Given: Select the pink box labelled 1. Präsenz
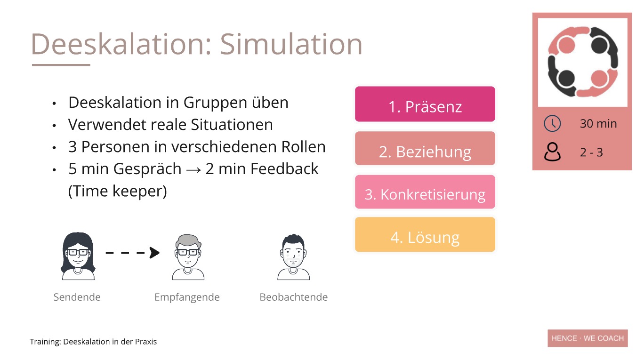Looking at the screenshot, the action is click(425, 104).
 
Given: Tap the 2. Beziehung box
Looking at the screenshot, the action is click(425, 148).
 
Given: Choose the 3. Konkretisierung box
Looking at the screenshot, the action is click(425, 192).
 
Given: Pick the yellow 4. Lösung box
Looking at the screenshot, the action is click(425, 234).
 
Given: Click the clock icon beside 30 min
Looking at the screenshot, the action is click(552, 124).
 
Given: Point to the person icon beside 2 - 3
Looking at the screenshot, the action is click(552, 152).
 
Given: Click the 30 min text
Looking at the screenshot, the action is click(598, 124).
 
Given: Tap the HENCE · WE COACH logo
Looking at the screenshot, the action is click(588, 338).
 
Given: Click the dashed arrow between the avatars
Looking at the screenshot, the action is click(133, 253).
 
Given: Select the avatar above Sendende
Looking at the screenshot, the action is click(78, 256).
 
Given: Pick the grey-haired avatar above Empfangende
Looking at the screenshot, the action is click(188, 257).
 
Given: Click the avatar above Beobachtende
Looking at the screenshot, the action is click(293, 257).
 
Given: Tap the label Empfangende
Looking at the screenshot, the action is click(187, 297).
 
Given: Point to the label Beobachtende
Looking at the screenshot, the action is click(294, 297).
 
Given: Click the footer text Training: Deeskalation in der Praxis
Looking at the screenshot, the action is click(93, 342).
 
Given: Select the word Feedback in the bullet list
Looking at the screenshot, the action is click(284, 168).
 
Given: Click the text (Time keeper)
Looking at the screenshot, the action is click(118, 191).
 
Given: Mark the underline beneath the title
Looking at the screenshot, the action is click(61, 65).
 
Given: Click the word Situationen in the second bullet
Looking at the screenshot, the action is click(232, 125).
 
